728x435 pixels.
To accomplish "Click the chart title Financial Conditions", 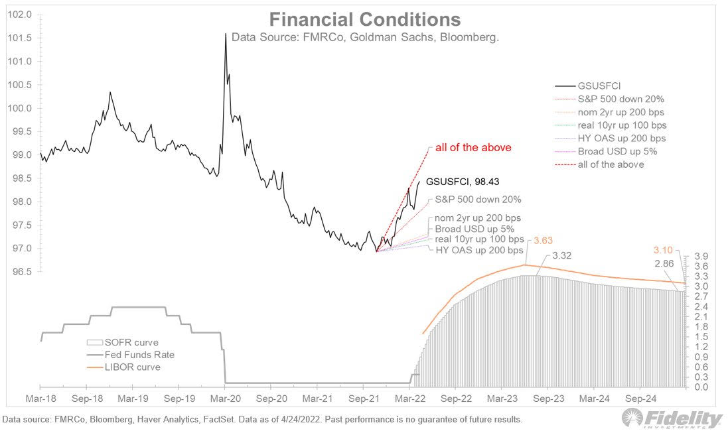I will (x=364, y=19).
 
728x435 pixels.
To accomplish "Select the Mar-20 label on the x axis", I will (x=226, y=400).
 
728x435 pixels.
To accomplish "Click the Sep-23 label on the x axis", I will (x=548, y=400).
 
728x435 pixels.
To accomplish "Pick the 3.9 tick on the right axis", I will (x=702, y=256).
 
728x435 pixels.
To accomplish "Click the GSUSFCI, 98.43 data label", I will (x=462, y=180).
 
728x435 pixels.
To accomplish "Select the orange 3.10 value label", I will (x=664, y=250).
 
